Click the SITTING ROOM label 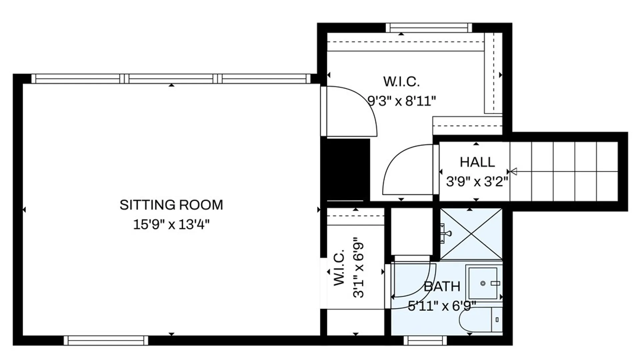coord(171,205)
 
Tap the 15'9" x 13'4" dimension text coord(171,225)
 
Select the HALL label coord(477,162)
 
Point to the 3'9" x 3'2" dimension coord(477,182)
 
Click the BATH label coord(442,287)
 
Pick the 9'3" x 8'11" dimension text coord(402,100)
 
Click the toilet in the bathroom coord(481,320)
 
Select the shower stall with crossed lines coord(471,234)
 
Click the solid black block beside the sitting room coord(345,169)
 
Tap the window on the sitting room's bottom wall coord(106,340)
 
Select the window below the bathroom coord(425,340)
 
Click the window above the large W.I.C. coord(429,28)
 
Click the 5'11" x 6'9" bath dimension coord(442,306)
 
